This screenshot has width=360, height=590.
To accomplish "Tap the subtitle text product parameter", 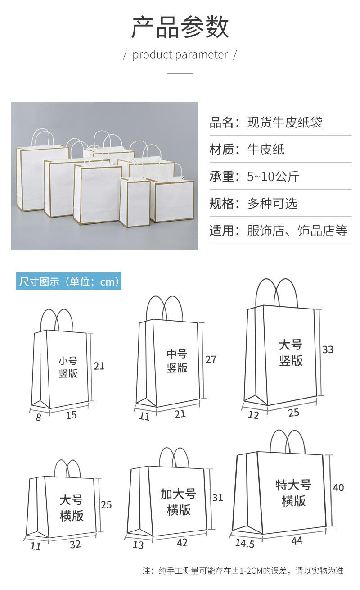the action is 180,55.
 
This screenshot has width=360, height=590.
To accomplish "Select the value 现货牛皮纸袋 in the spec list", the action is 285,123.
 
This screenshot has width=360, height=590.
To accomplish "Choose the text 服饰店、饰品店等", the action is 297,231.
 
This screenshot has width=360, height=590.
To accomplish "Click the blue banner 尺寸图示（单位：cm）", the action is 69,282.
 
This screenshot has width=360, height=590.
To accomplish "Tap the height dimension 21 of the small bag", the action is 99,366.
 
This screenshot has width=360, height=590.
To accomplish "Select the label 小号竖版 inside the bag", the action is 68,367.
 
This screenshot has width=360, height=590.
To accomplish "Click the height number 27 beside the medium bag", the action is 211,359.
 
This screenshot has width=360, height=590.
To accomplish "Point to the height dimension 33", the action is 328,349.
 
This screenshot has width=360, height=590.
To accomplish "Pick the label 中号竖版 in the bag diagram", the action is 177,361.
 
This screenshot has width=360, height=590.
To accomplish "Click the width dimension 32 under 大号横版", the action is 75,544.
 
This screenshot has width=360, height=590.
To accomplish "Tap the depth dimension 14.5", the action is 245,544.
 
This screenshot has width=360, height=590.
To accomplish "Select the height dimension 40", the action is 338,487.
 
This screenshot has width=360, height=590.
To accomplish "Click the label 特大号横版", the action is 293,493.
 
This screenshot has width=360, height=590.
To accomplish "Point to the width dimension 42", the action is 182,543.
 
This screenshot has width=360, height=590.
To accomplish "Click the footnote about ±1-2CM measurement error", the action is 243,571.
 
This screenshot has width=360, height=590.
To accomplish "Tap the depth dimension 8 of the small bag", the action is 38,418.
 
